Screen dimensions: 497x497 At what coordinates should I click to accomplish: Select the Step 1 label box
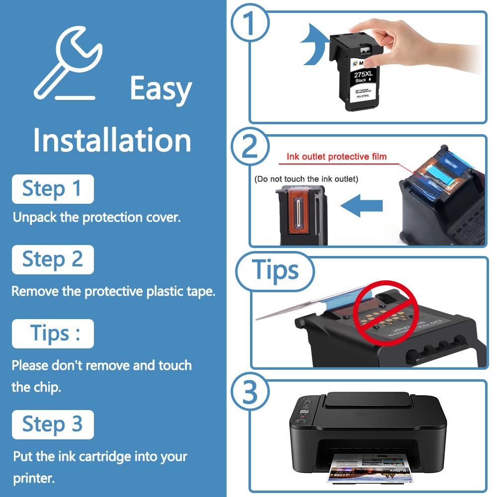pos(53,189)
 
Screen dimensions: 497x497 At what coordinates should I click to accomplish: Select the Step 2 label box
pos(53,259)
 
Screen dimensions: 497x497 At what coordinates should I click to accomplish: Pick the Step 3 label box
pos(53,424)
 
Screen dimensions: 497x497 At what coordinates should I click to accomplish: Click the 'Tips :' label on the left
pos(53,333)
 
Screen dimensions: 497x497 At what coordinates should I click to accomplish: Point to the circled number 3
pos(250,393)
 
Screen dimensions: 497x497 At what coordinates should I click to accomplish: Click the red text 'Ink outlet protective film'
pos(336,157)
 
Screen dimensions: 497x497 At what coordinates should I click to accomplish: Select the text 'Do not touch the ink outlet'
pos(306,178)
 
